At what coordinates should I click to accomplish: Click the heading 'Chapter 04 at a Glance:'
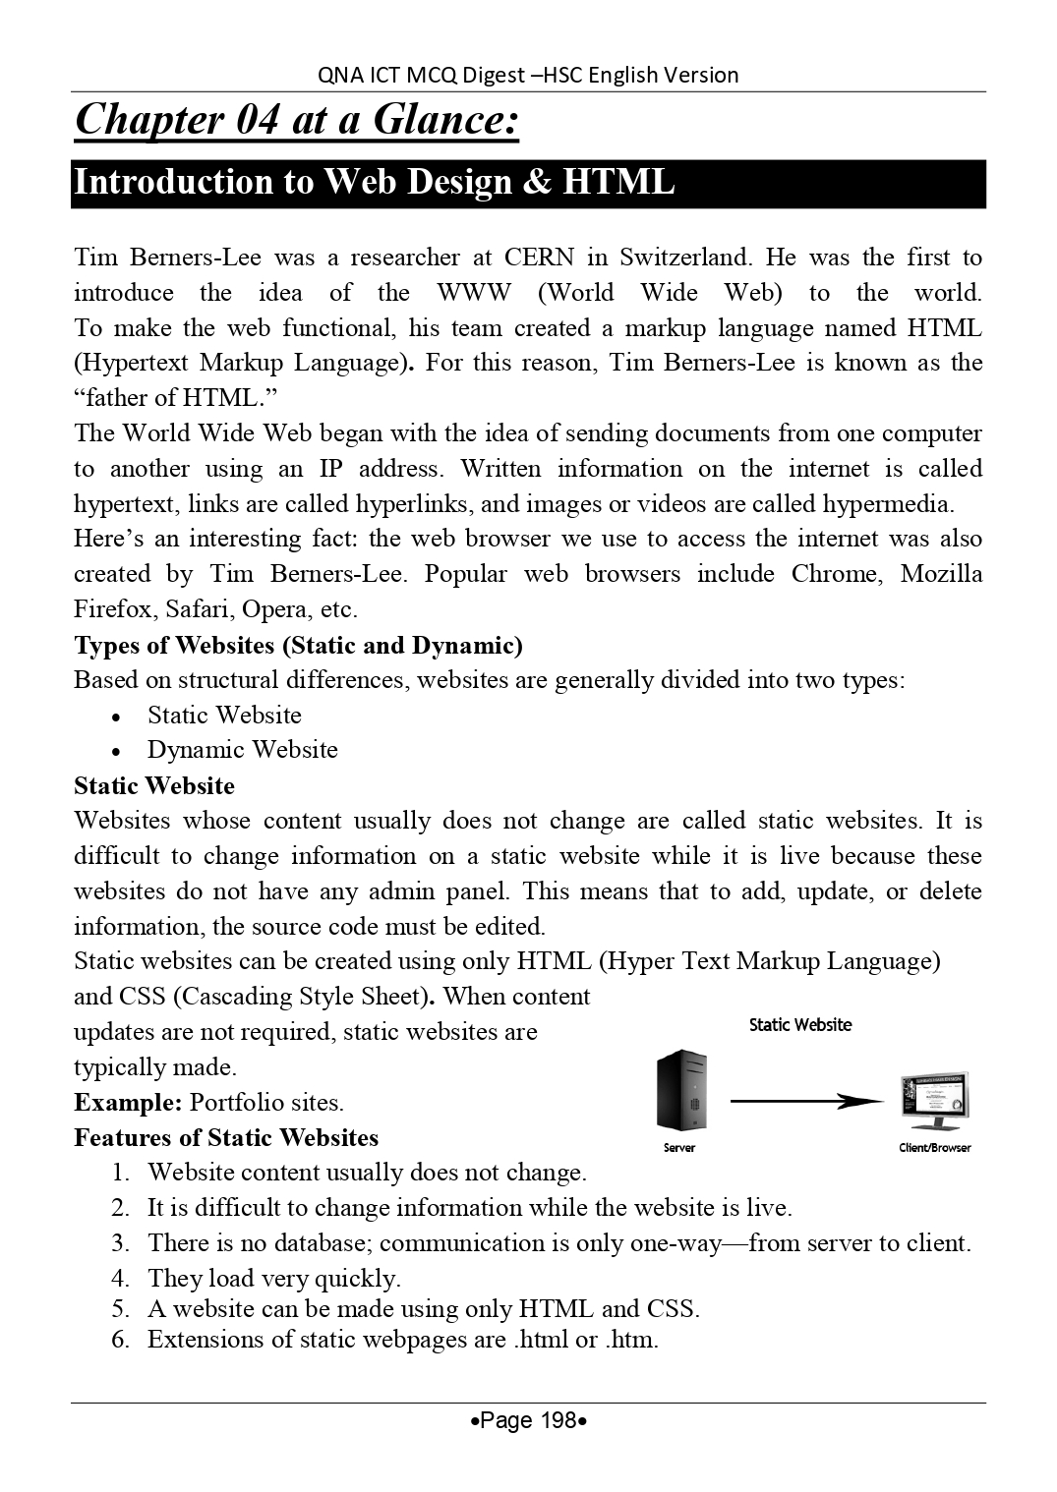(296, 120)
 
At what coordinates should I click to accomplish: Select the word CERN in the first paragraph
(539, 258)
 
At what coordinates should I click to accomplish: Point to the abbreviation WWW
(474, 293)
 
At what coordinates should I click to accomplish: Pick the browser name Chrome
(837, 574)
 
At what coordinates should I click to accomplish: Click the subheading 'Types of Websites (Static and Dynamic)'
(298, 645)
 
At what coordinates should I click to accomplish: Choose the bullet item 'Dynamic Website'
(242, 750)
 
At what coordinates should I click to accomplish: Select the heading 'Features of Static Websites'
(226, 1137)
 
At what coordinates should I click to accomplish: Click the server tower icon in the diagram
(681, 1090)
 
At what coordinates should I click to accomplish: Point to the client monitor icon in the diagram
(933, 1100)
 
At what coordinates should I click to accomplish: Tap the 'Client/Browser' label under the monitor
(934, 1148)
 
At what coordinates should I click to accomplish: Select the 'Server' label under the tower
(678, 1148)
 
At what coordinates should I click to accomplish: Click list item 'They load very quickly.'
(273, 1278)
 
